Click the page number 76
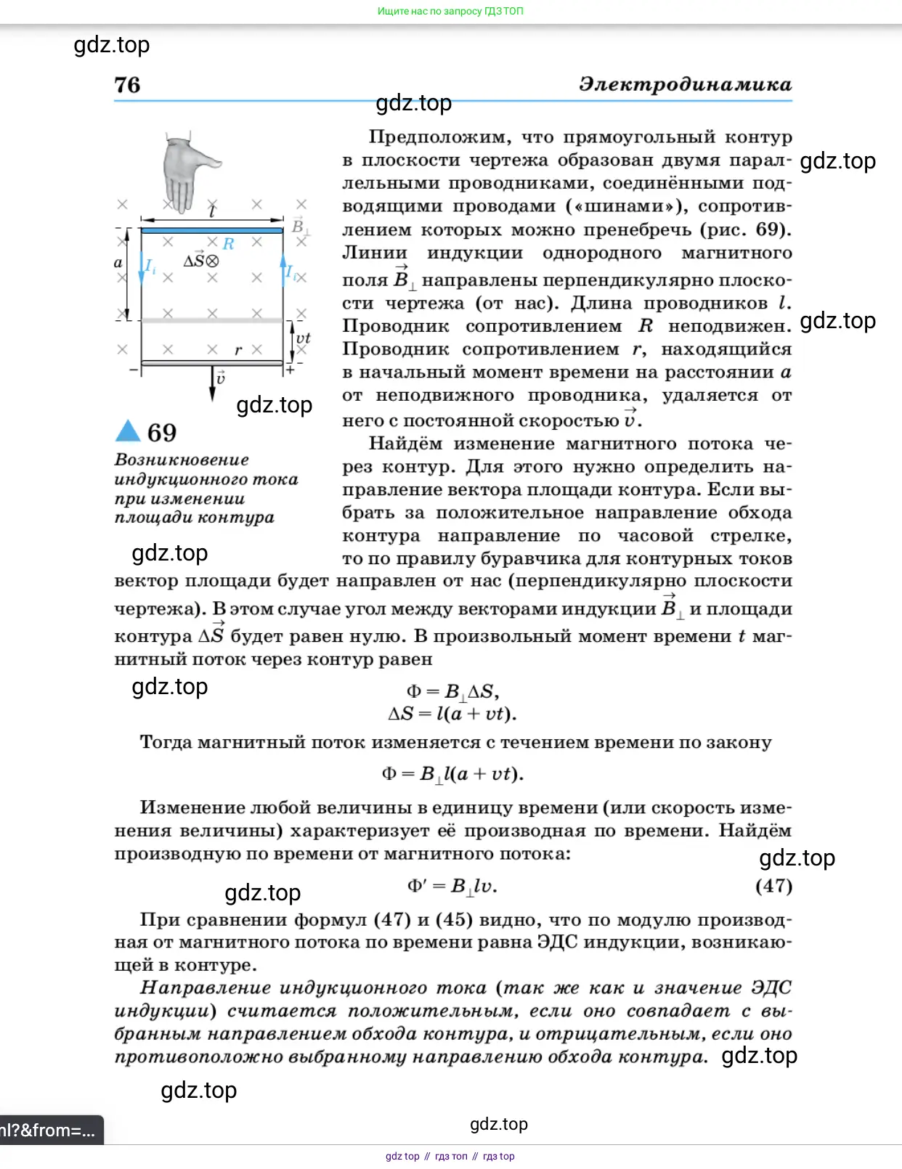pyautogui.click(x=127, y=85)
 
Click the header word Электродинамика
pyautogui.click(x=685, y=84)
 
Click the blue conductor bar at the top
pyautogui.click(x=211, y=230)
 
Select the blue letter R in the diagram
pyautogui.click(x=229, y=244)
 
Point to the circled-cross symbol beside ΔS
pyautogui.click(x=212, y=261)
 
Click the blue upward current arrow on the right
pyautogui.click(x=283, y=269)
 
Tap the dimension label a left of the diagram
pyautogui.click(x=118, y=263)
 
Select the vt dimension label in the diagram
pyautogui.click(x=303, y=338)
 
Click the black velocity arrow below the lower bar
pyautogui.click(x=213, y=384)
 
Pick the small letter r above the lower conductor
pyautogui.click(x=237, y=351)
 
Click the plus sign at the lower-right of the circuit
pyautogui.click(x=290, y=370)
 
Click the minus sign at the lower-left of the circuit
pyautogui.click(x=133, y=370)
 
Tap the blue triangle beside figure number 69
pyautogui.click(x=128, y=431)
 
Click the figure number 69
pyautogui.click(x=162, y=433)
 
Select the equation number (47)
pyautogui.click(x=773, y=886)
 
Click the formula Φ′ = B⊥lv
pyautogui.click(x=452, y=886)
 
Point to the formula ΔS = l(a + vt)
pyautogui.click(x=452, y=714)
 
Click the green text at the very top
pyautogui.click(x=450, y=11)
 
